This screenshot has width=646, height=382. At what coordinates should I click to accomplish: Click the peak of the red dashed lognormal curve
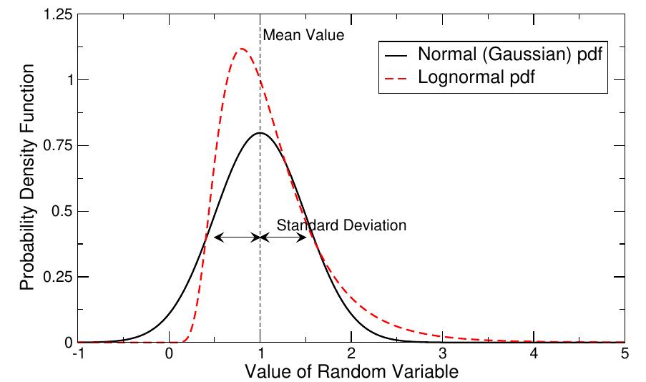pos(242,49)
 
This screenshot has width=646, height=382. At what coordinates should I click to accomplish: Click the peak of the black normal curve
pos(260,133)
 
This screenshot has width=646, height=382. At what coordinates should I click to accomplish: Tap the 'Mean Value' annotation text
pos(294,34)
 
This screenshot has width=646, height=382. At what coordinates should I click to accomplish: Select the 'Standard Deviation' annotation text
pos(341,225)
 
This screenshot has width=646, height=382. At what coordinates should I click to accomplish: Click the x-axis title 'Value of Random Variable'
pos(351,372)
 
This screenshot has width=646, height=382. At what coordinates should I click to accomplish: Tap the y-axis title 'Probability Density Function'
pos(27,179)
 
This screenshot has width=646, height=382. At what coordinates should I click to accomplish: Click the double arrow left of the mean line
pos(236,237)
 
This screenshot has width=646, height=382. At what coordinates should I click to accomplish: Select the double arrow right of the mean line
pos(283,237)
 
